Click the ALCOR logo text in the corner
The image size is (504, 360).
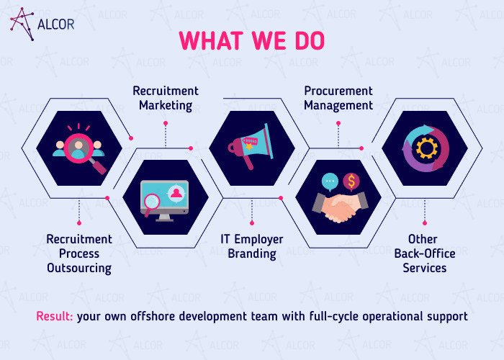click(55, 24)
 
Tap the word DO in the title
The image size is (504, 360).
click(310, 40)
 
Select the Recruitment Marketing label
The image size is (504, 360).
click(166, 98)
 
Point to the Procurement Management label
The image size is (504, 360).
click(338, 98)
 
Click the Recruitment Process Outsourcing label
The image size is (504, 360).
click(79, 253)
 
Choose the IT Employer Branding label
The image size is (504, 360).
click(252, 246)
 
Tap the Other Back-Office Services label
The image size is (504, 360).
click(425, 253)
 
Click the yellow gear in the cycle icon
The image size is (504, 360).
click(426, 148)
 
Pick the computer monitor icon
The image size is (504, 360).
click(165, 201)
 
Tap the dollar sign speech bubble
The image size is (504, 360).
click(351, 181)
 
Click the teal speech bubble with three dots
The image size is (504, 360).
click(330, 181)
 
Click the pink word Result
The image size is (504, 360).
click(55, 316)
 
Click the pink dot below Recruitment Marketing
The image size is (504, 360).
click(166, 123)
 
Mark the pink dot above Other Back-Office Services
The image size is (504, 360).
click(425, 223)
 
